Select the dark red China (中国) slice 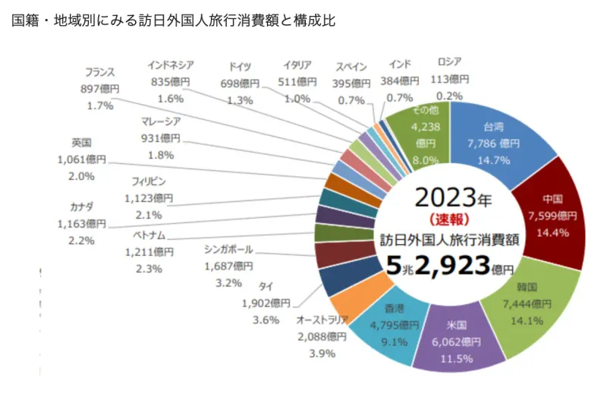pos(552,216)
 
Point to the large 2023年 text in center pos(453,199)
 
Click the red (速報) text pos(453,221)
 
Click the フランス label pos(99,74)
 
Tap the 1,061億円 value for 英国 pos(81,160)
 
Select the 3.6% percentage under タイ pos(266,320)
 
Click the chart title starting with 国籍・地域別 pos(174,20)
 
